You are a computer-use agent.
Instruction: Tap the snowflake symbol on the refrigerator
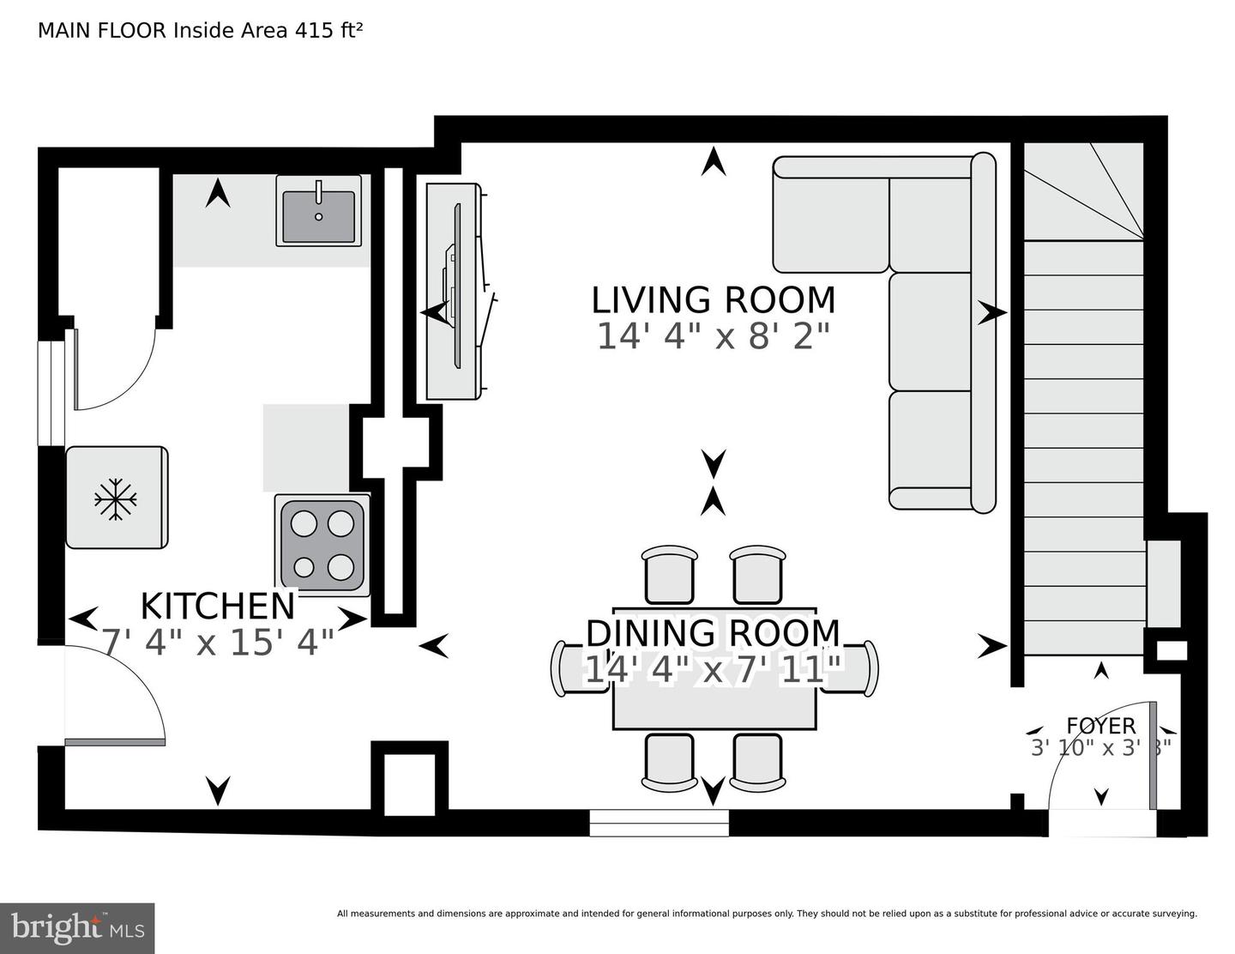[115, 499]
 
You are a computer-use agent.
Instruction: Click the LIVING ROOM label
[713, 300]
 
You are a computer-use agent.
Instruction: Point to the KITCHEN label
[217, 606]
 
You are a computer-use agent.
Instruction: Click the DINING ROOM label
[713, 633]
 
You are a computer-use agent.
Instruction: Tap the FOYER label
[1100, 726]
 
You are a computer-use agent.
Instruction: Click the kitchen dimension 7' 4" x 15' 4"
[217, 642]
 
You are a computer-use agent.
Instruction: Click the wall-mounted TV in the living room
[456, 292]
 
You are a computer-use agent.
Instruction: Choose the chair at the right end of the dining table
[860, 667]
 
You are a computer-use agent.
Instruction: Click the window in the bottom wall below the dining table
[659, 823]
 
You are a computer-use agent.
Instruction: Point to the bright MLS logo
[77, 927]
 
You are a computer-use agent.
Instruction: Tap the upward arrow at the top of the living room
[713, 161]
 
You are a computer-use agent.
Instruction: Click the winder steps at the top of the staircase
[1084, 192]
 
